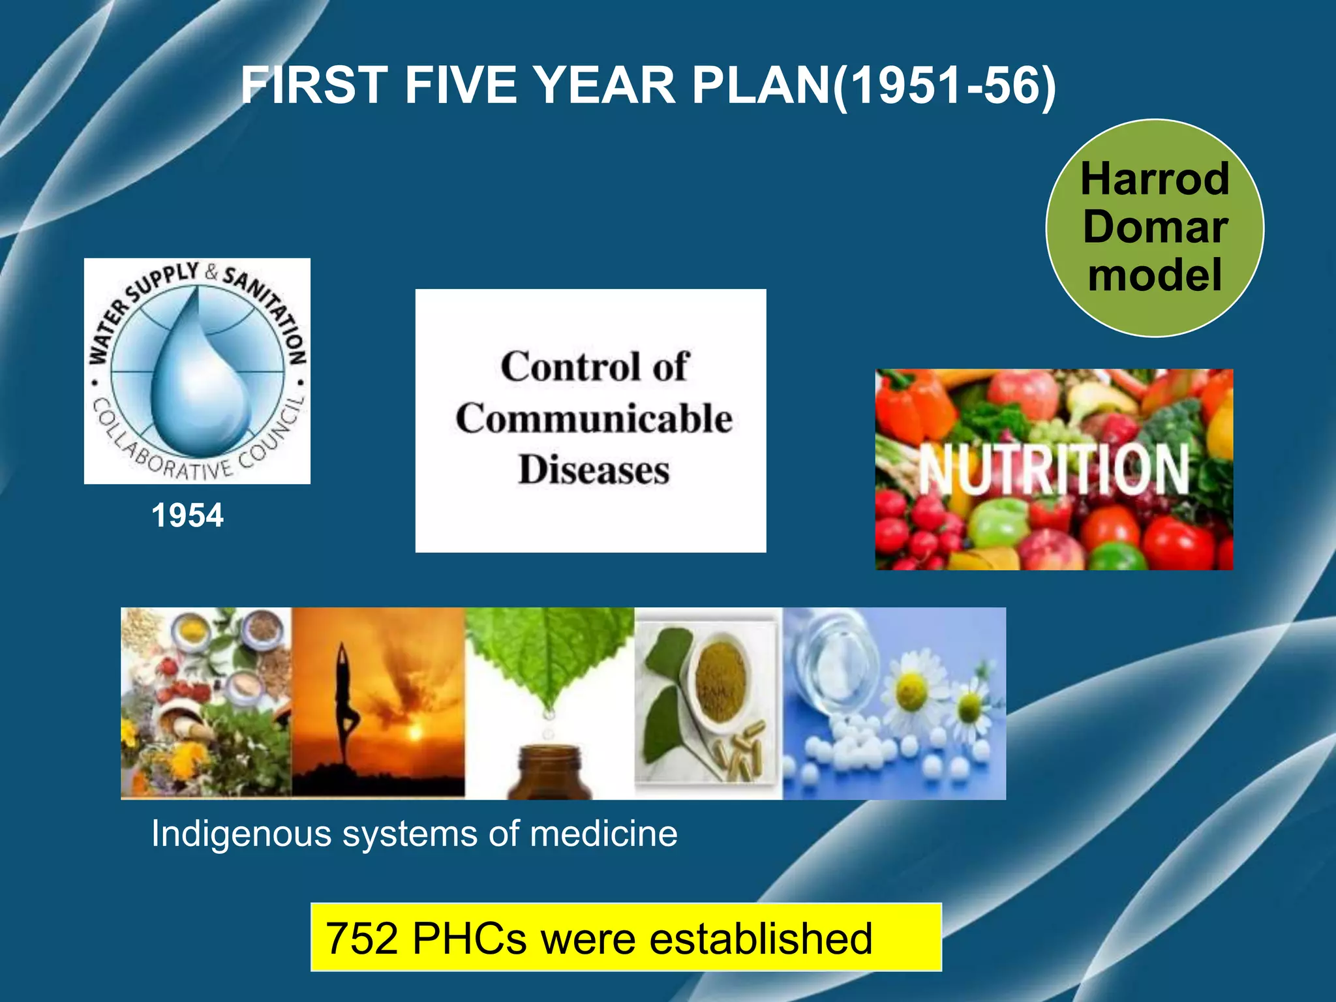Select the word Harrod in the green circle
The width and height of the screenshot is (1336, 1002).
1155,179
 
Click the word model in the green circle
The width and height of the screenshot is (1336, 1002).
1155,275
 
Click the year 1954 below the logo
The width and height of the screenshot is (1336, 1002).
187,515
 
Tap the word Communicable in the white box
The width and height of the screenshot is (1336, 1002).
594,418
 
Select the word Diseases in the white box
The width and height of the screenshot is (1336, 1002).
594,470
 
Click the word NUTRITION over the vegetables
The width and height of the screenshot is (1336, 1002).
1054,468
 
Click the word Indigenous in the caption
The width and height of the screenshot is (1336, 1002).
241,833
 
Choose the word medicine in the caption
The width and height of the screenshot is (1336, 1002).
603,833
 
